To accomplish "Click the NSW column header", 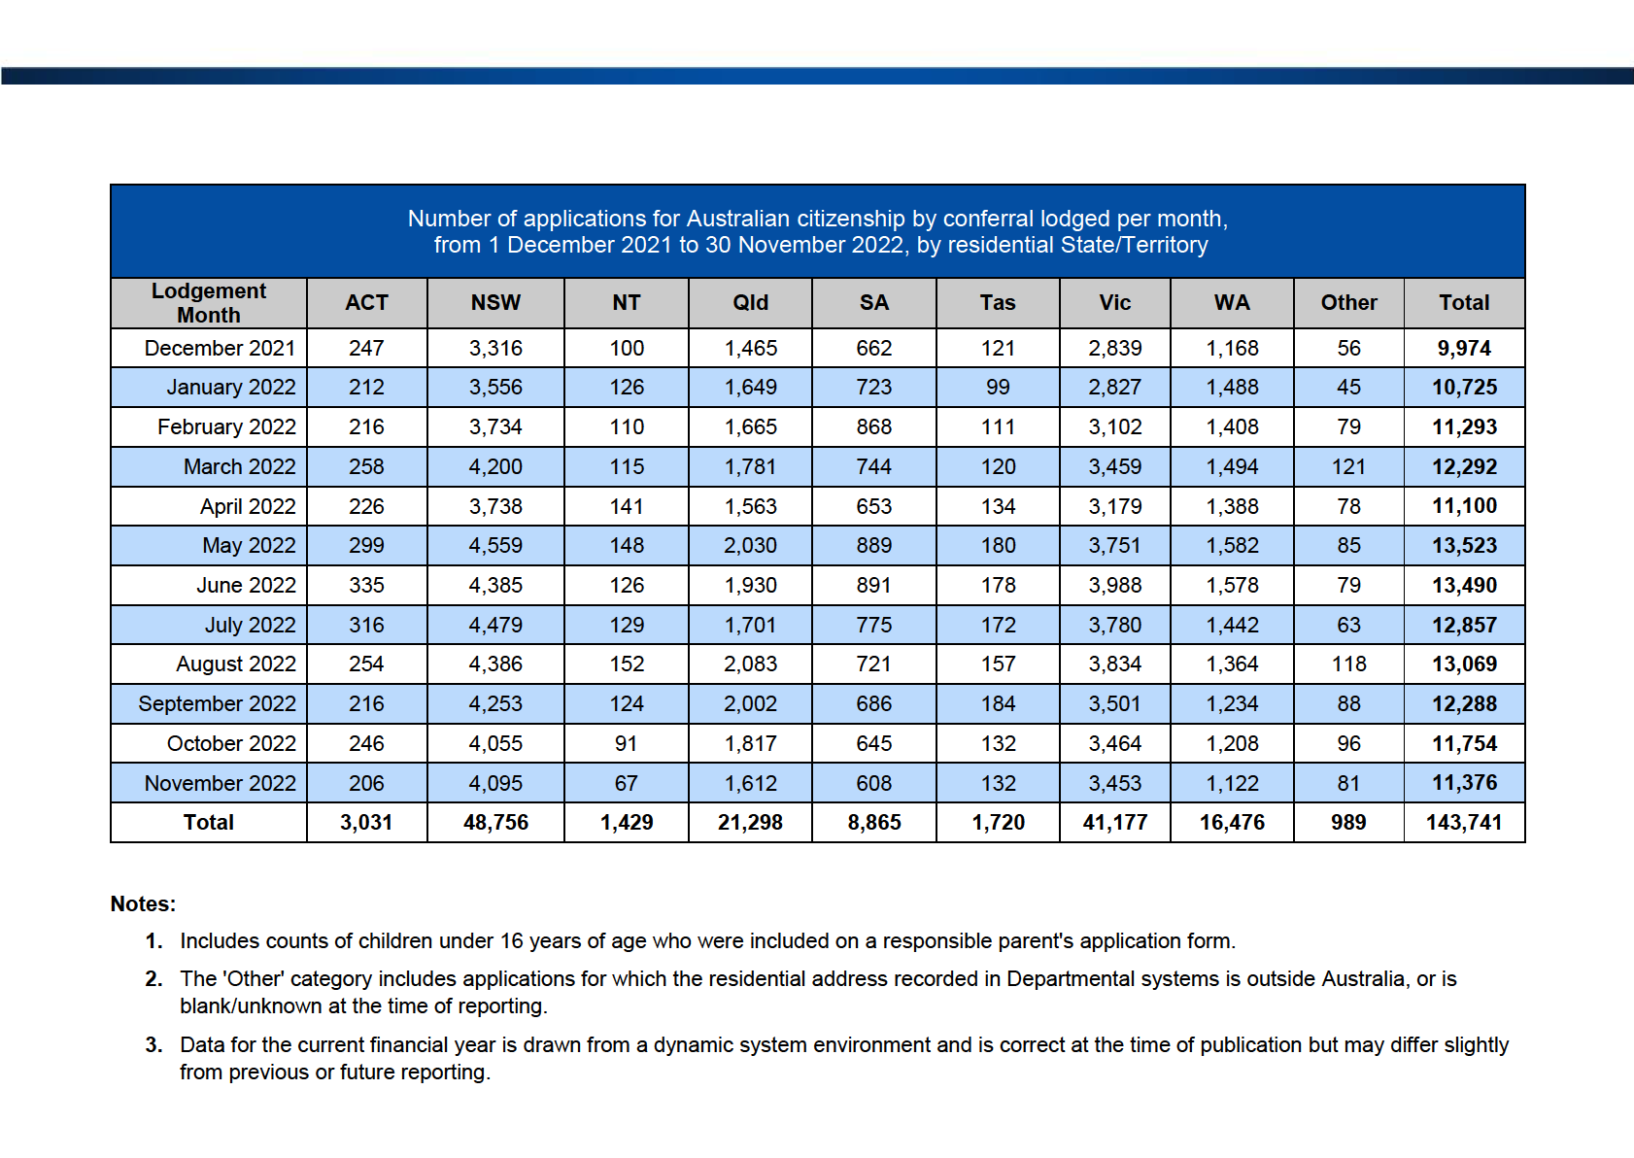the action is click(495, 302).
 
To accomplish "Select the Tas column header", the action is click(997, 302).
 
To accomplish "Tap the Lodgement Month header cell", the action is click(209, 303).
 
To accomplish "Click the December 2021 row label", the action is click(220, 348).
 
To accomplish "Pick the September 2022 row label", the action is click(218, 703).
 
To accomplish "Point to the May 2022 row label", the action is click(249, 545).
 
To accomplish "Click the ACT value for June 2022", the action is click(366, 585).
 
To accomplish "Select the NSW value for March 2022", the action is click(495, 466).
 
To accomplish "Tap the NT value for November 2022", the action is click(626, 783).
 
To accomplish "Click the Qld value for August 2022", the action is click(750, 664).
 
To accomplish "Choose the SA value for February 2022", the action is click(874, 426).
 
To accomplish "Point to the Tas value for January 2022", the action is click(998, 387).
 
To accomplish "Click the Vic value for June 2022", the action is click(1114, 585).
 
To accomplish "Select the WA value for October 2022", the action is click(1232, 743).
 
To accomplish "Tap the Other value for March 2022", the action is click(1348, 466).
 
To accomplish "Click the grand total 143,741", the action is click(1464, 822).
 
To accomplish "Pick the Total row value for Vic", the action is click(1114, 822).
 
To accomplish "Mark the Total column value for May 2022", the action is click(1464, 545).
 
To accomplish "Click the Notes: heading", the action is click(143, 904).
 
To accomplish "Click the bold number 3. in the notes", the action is click(153, 1045).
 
